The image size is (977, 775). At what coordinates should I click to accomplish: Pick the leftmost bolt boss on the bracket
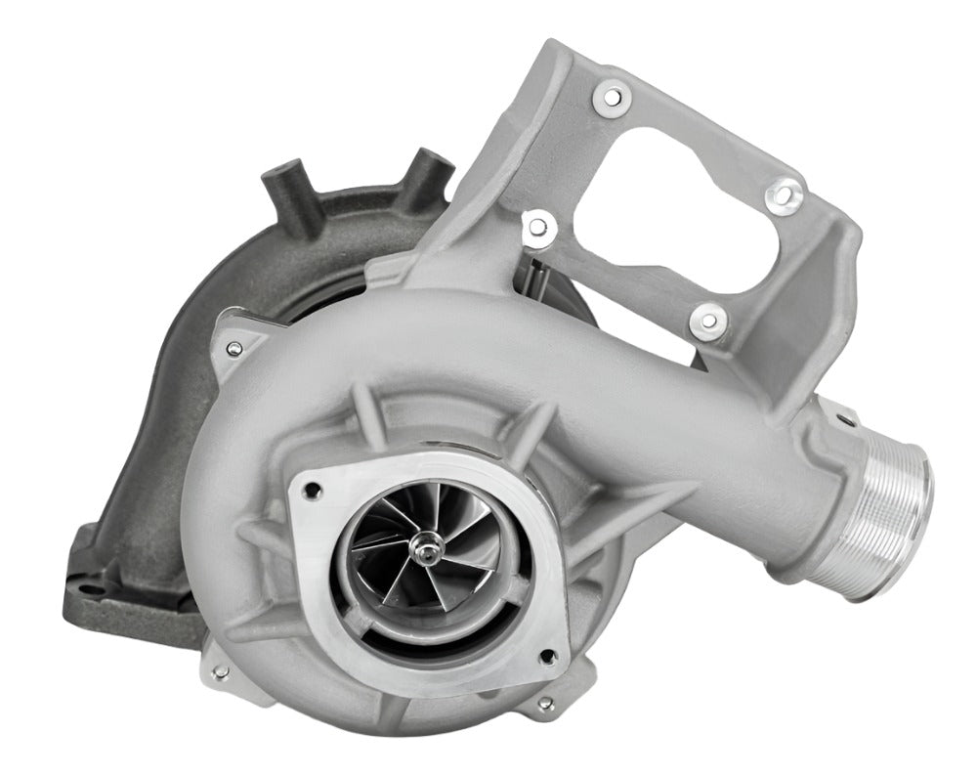pos(534,228)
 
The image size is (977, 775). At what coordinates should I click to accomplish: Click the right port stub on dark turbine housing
pos(427,166)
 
